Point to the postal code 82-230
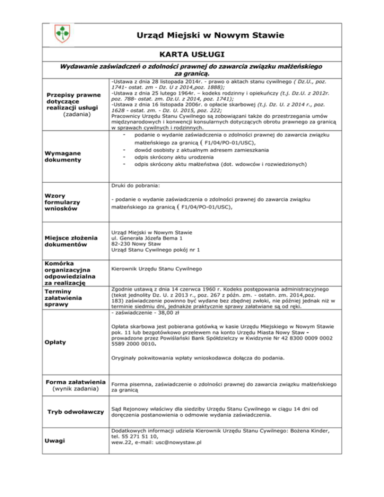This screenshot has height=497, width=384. (122, 242)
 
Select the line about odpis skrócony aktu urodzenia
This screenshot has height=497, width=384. (169, 156)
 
